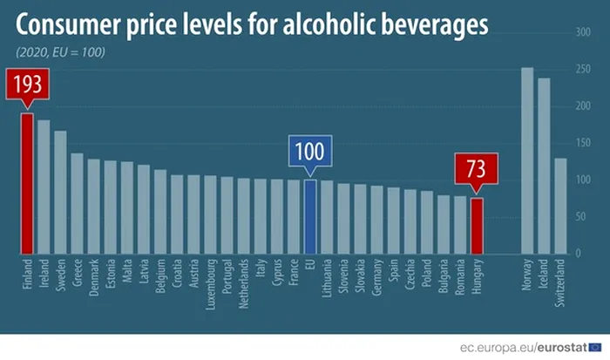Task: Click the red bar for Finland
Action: click(27, 183)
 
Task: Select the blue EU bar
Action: click(310, 216)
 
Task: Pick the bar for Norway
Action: click(527, 160)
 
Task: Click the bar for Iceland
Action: click(544, 166)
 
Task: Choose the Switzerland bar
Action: click(560, 206)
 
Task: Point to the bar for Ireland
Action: click(44, 187)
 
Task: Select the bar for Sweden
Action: click(60, 192)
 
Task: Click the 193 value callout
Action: click(27, 87)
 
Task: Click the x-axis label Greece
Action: click(77, 273)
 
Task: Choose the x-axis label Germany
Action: click(376, 276)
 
